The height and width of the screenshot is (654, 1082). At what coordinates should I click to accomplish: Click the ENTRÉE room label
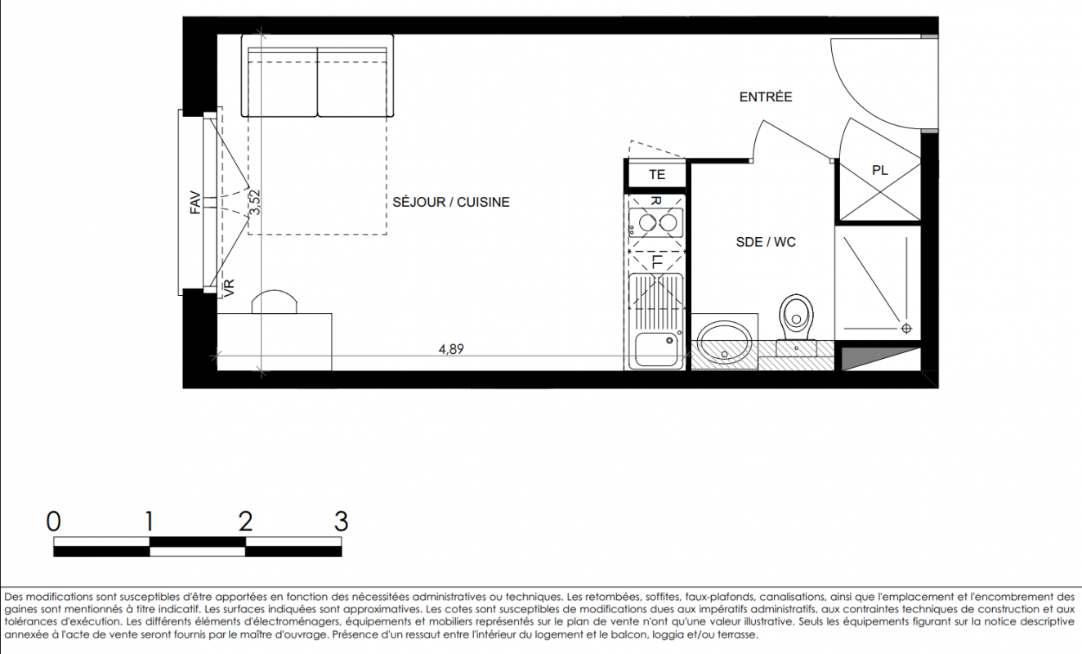pyautogui.click(x=766, y=97)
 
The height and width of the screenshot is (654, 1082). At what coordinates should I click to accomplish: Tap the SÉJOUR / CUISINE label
pyautogui.click(x=451, y=202)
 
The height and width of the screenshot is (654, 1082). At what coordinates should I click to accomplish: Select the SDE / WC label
pyautogui.click(x=766, y=242)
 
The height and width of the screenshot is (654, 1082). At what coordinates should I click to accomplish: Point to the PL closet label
pyautogui.click(x=879, y=170)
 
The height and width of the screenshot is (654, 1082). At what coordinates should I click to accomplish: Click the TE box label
pyautogui.click(x=657, y=174)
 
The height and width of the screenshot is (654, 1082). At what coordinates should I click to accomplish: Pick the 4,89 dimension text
pyautogui.click(x=451, y=349)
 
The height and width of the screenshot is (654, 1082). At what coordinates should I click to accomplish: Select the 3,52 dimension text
pyautogui.click(x=254, y=202)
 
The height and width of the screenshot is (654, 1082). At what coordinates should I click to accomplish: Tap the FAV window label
pyautogui.click(x=195, y=203)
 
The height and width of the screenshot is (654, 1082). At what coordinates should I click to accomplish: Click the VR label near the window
pyautogui.click(x=229, y=288)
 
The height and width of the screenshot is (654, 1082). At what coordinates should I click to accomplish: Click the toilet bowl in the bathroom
pyautogui.click(x=796, y=316)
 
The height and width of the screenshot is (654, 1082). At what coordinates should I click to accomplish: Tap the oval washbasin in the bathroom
pyautogui.click(x=724, y=343)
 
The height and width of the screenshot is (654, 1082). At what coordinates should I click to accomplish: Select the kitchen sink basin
pyautogui.click(x=656, y=349)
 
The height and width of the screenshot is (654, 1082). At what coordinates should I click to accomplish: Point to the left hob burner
pyautogui.click(x=646, y=223)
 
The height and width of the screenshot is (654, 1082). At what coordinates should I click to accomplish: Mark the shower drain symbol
pyautogui.click(x=906, y=329)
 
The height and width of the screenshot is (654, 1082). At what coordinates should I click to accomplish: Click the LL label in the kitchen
pyautogui.click(x=657, y=262)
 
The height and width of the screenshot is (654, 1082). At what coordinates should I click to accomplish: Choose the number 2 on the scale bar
pyautogui.click(x=245, y=522)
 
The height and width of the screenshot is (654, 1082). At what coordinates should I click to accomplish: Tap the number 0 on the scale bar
pyautogui.click(x=54, y=522)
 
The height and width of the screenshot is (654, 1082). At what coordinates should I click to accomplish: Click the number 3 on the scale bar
pyautogui.click(x=341, y=522)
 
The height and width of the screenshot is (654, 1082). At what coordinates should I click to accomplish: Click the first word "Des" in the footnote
pyautogui.click(x=14, y=597)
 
